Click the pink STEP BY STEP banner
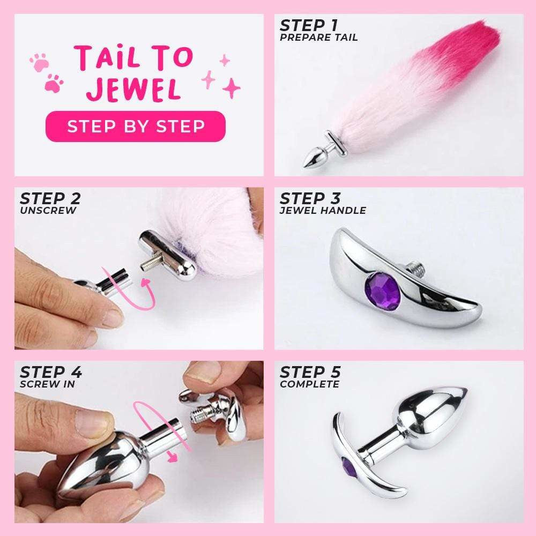coord(135,126)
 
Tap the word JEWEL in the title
coord(134,90)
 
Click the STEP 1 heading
coord(310,25)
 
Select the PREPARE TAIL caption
coord(318,38)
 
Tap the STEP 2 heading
coord(50,198)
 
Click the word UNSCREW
coord(48,210)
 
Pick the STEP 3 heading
coord(310,198)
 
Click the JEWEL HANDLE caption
coord(323,210)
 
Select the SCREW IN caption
coord(48,384)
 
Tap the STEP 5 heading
coord(310,372)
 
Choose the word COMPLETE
coord(309,384)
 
